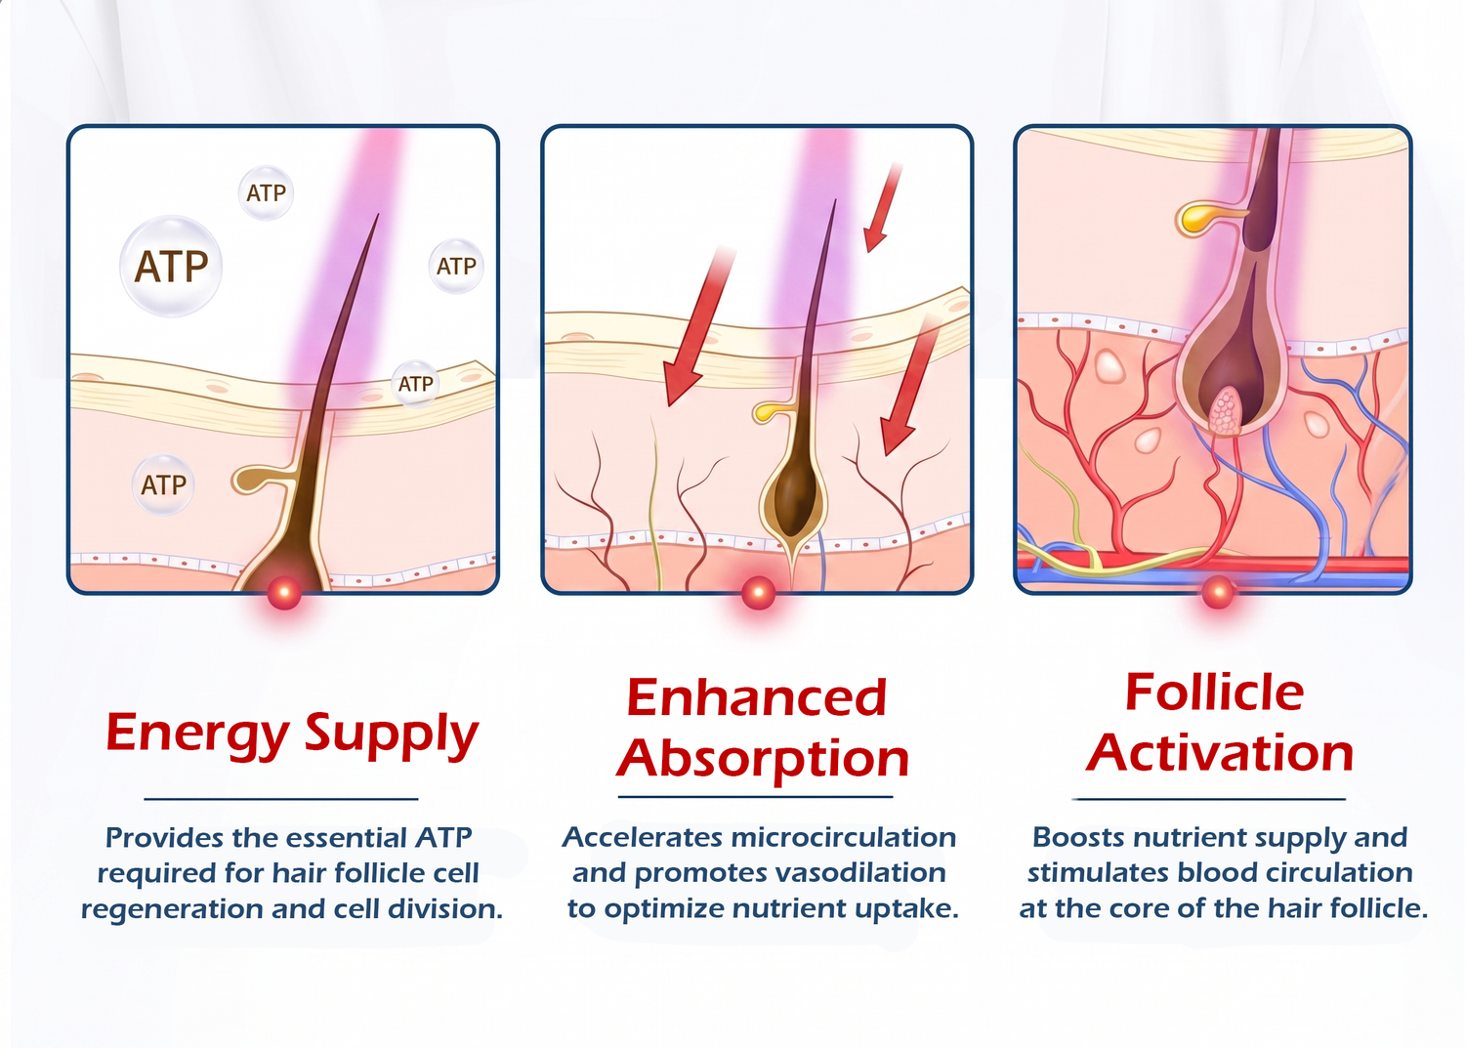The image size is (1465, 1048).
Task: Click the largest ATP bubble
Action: [171, 267]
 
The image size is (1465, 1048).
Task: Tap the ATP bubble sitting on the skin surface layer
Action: [415, 383]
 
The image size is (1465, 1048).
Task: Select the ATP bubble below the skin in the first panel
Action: [163, 484]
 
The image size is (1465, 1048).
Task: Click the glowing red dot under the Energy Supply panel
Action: [284, 593]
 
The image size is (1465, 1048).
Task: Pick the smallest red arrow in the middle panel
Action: [882, 208]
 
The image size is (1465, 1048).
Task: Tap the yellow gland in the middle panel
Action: [772, 411]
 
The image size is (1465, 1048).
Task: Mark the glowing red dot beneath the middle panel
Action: [758, 593]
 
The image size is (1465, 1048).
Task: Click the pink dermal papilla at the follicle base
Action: [1225, 411]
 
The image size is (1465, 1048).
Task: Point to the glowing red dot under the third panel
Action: [1217, 593]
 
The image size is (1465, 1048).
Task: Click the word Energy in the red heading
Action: [197, 734]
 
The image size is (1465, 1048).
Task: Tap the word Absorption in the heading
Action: [763, 760]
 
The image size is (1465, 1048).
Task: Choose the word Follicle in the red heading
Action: [1215, 692]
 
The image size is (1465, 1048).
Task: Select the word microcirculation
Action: [843, 837]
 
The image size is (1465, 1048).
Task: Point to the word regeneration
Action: [171, 910]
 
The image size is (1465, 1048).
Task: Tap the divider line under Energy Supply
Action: [281, 799]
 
